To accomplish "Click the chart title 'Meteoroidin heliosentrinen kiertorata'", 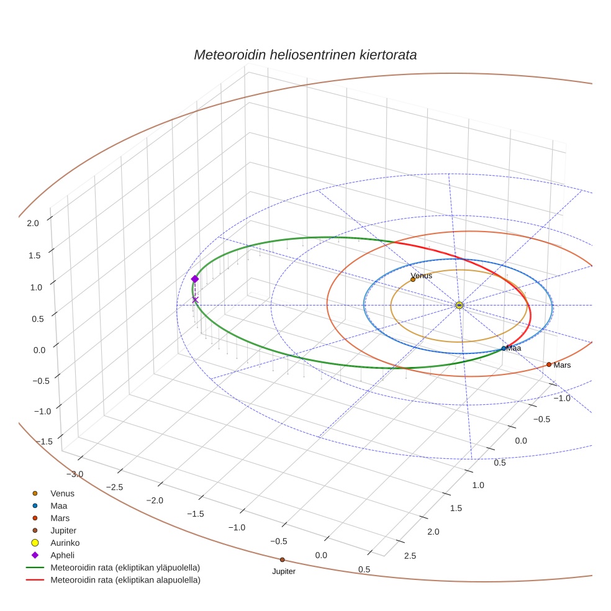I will point(305,55).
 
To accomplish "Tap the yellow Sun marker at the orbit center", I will point(459,305).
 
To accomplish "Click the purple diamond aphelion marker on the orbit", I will point(195,279).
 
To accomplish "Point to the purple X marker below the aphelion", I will point(195,300).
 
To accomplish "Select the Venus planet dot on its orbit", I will point(413,279).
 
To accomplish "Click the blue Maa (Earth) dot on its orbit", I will point(504,348).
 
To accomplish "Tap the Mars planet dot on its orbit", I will point(549,364).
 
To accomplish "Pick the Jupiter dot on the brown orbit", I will point(283,559).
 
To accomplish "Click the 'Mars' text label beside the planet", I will point(562,365).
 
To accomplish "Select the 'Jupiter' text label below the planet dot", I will point(284,571).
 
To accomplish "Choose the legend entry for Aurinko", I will point(65,543).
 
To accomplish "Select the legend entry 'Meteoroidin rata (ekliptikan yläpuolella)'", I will point(125,568).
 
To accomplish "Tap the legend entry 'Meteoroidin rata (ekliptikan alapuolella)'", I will point(125,580).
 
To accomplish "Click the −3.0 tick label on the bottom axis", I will point(75,474).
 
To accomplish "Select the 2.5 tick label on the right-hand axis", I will point(410,556).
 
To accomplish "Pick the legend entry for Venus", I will point(62,493).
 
